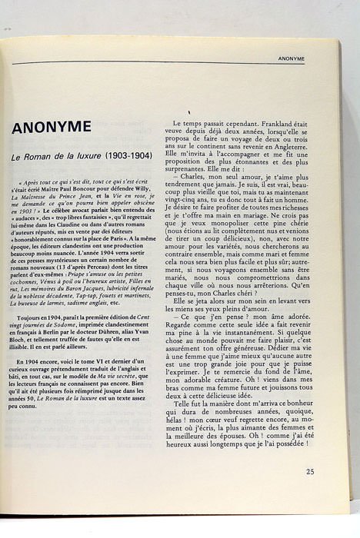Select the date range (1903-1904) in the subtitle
click(x=128, y=156)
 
